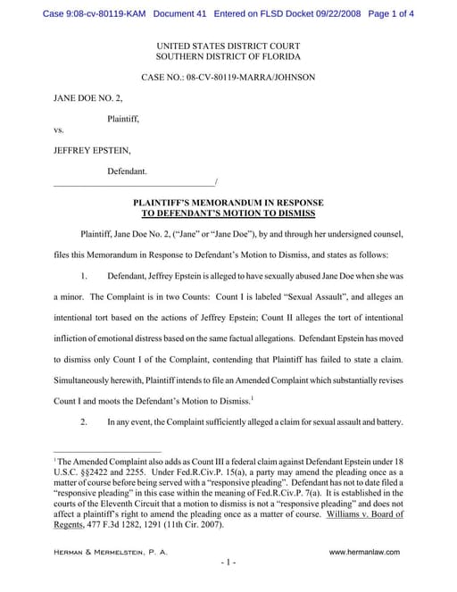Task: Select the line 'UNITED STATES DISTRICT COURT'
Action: point(228,46)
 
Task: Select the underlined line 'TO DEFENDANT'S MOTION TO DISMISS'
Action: point(228,214)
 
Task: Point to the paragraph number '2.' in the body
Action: point(87,421)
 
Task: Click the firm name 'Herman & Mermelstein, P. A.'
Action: point(110,554)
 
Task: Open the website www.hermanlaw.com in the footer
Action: point(364,554)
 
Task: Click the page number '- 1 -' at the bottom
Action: point(228,563)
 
